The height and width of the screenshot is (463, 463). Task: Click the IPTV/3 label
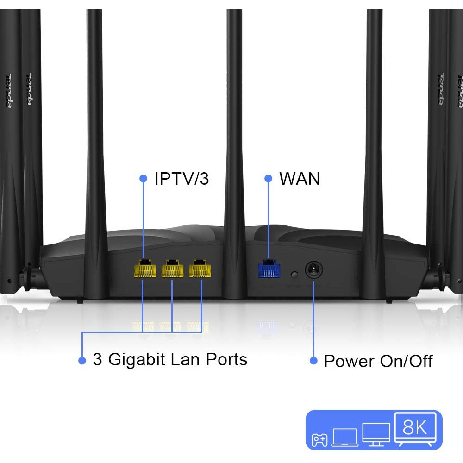tap(181, 179)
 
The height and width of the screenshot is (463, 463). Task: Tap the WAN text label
tap(299, 179)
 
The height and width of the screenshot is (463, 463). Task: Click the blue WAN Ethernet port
tap(269, 269)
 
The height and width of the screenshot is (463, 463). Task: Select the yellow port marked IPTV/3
tap(144, 269)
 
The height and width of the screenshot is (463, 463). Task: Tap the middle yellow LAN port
tap(172, 269)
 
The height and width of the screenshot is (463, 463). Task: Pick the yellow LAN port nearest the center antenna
tap(200, 269)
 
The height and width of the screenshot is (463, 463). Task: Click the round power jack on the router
tap(313, 270)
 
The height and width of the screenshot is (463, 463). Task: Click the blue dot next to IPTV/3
tap(143, 178)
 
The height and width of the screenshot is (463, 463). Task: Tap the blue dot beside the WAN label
tap(268, 178)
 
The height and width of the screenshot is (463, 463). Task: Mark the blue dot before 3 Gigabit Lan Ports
tap(82, 360)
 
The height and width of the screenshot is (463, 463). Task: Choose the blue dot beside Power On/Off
tap(313, 361)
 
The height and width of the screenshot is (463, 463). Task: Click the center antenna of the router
tap(234, 139)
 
